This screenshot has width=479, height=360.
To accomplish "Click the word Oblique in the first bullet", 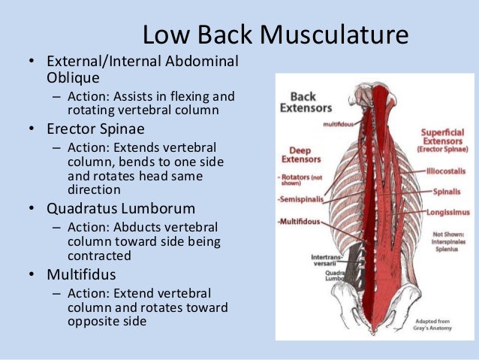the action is [71, 77].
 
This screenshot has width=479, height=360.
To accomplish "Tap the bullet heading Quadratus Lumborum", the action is [120, 208].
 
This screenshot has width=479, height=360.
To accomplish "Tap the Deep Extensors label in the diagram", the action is [301, 154].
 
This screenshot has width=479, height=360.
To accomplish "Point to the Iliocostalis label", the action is [446, 171].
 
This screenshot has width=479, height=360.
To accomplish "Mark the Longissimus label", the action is [448, 213].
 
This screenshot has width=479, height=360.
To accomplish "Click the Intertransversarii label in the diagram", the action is [327, 261].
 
